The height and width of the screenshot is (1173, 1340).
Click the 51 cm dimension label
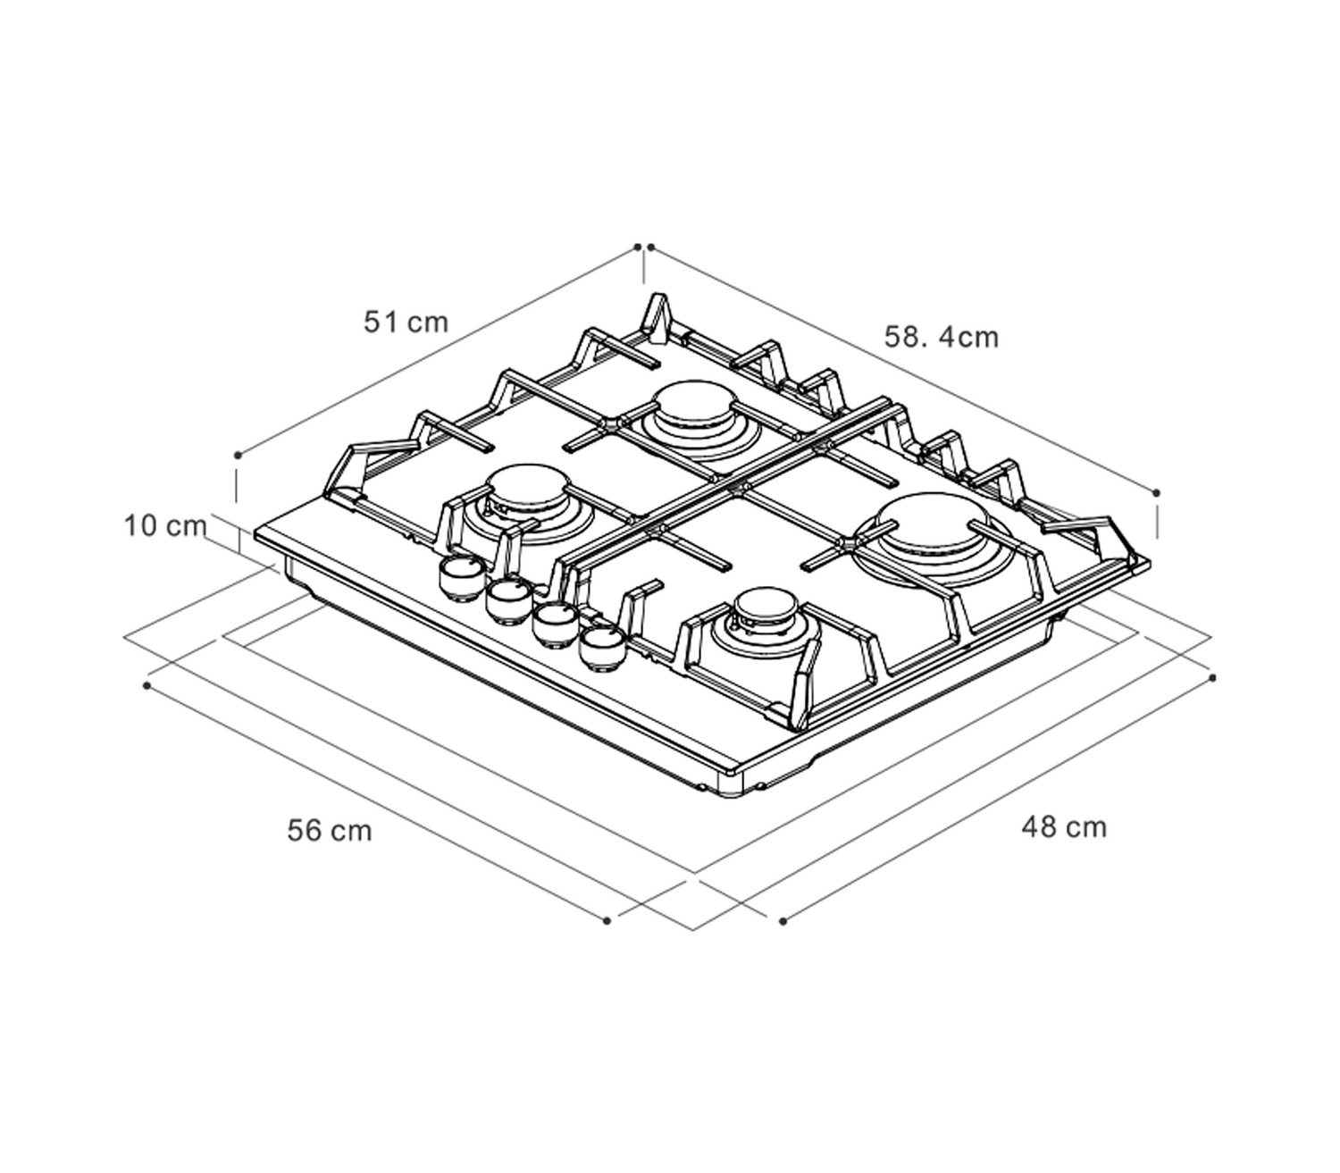[x=406, y=323]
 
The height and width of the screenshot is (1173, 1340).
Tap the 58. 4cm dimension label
[x=942, y=338]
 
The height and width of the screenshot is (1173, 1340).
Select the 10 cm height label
[x=165, y=526]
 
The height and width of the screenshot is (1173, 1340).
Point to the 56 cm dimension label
[x=330, y=831]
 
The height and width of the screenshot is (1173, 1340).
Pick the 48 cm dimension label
[x=1064, y=827]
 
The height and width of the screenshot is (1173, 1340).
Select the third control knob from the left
[x=556, y=625]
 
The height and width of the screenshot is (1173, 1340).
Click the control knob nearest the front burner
[x=603, y=649]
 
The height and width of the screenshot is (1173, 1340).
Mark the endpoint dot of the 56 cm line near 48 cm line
[x=607, y=921]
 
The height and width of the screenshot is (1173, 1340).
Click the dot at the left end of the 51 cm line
[x=238, y=455]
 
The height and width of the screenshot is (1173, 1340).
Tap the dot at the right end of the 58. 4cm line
[x=1156, y=492]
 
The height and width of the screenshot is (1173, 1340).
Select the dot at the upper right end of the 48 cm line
[x=1212, y=678]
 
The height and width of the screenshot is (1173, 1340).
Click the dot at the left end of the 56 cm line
[x=147, y=686]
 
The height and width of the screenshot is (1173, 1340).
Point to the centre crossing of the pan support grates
[x=737, y=486]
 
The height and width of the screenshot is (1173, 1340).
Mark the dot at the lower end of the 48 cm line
[x=783, y=921]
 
